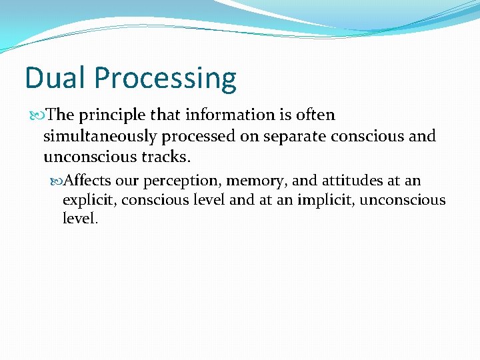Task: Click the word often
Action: pos(315,115)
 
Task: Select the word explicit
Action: pos(89,200)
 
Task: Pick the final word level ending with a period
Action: pos(80,218)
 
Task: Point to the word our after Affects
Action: pos(127,181)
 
